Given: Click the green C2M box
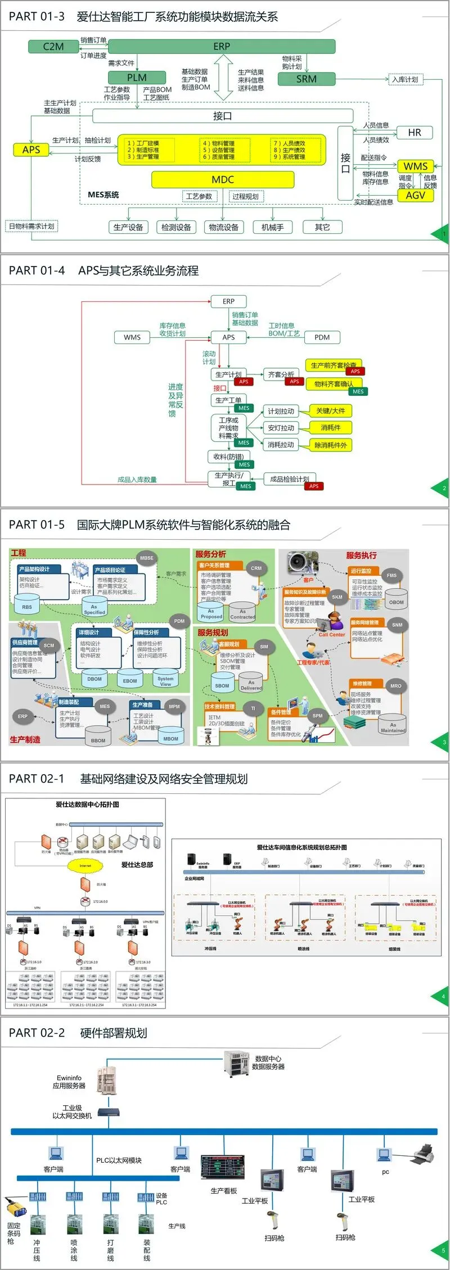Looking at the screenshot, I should coord(53,47).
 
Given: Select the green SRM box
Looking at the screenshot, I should coord(307,79).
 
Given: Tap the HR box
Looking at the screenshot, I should coord(415,133).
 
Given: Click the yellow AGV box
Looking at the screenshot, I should coord(416,195).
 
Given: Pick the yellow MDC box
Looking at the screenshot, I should coord(223,179).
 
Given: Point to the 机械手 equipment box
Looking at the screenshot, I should coord(273,227).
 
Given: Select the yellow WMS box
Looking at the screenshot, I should coord(416,166).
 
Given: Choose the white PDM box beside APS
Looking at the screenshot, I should coord(322,337).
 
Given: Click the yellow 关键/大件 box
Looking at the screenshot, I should coord(331,411).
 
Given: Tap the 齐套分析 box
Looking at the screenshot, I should coord(281,374).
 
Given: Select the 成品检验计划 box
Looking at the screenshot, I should coord(289,479).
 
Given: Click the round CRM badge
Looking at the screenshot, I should coord(256,568).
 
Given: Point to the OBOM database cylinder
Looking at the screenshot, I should coord(397,601).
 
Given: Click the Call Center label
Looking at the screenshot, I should coord(332,635).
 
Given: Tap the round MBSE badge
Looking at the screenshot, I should coord(147,558).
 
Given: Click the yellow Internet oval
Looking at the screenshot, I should coord(85,866).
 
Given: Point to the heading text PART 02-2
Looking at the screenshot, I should coord(37,1033).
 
